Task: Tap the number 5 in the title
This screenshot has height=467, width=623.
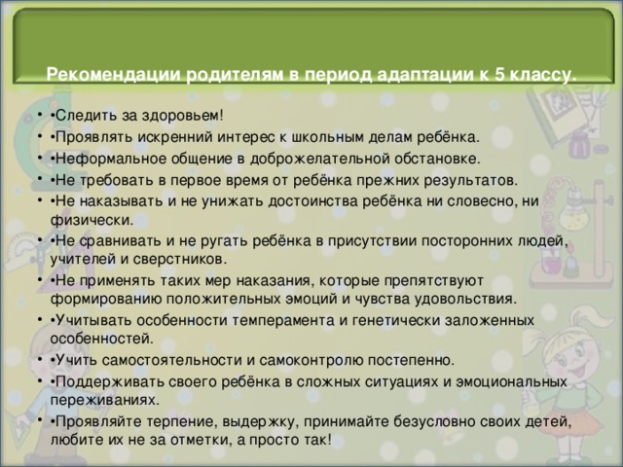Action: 499,74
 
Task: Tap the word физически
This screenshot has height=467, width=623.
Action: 92,220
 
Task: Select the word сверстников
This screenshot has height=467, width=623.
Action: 180,260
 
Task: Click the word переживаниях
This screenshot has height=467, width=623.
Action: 105,400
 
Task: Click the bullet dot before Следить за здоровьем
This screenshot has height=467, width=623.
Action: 39,115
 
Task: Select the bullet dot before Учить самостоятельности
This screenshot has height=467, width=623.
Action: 39,359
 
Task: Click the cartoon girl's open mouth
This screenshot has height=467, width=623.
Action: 576,372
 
